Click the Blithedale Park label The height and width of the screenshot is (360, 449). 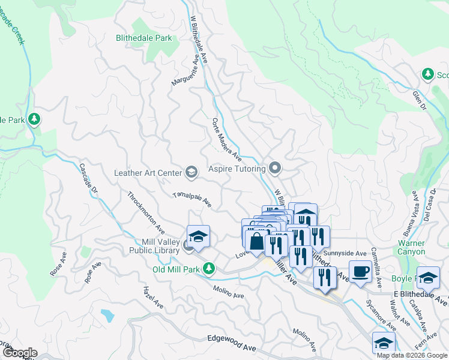[x=144, y=38]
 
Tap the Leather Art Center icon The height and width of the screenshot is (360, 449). [x=191, y=173]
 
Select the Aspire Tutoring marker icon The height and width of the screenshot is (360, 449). [x=276, y=167]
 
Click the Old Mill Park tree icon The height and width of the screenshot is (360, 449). [x=209, y=268]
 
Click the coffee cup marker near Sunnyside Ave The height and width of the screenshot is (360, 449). [x=360, y=272]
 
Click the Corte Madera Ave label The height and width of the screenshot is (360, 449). [x=226, y=139]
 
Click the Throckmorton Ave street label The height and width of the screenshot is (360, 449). [x=146, y=212]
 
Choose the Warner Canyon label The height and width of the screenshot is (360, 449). [x=412, y=248]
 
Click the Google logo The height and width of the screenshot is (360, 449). [x=19, y=353]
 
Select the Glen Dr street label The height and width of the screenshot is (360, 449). [x=418, y=100]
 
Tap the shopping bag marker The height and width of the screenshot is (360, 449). [x=256, y=241]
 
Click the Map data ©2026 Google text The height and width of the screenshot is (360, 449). [x=412, y=355]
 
